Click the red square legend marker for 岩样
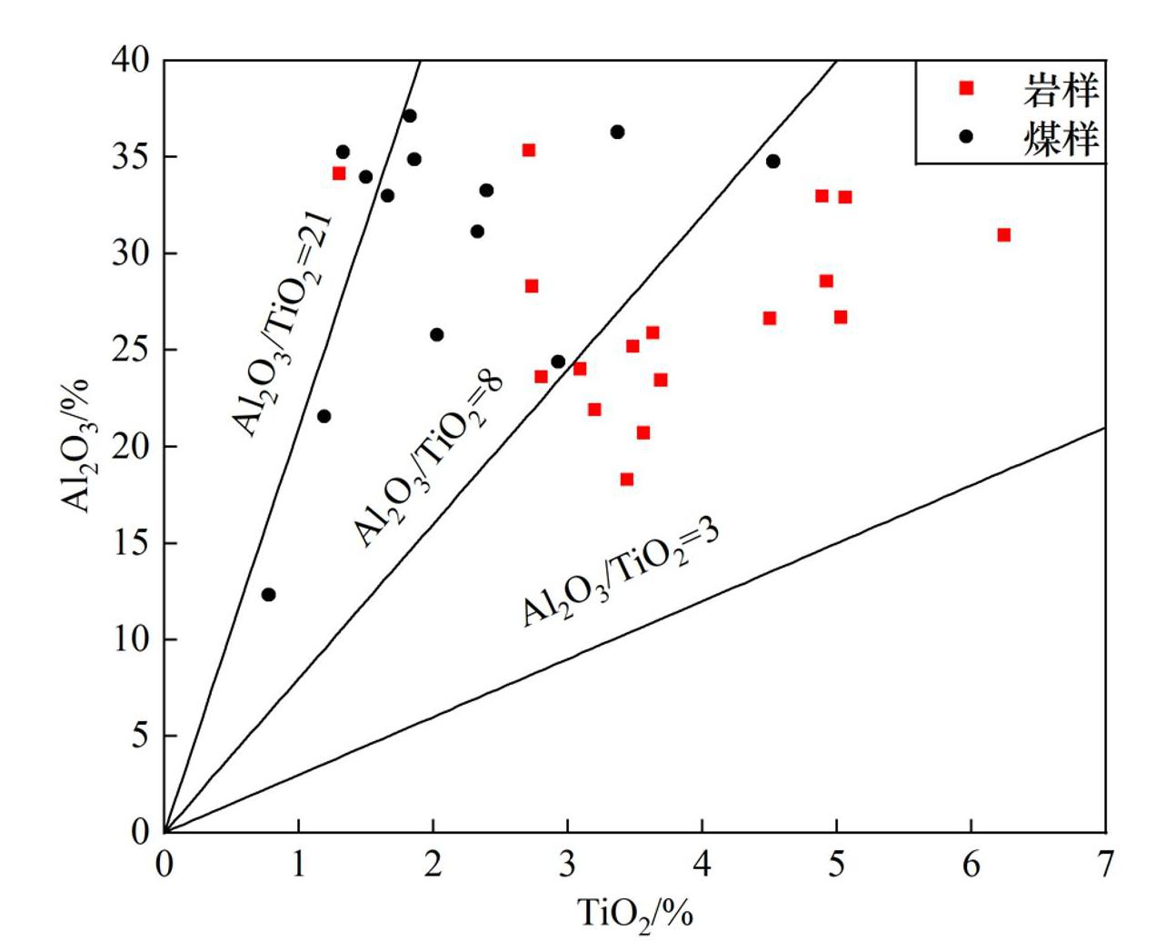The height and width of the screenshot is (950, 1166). (966, 88)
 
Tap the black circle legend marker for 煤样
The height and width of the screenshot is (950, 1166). (966, 136)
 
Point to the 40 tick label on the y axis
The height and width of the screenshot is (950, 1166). (131, 61)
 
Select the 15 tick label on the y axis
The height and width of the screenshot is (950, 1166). (131, 543)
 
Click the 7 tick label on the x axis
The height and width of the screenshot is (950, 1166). (1105, 864)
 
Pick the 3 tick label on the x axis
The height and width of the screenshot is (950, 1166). (567, 864)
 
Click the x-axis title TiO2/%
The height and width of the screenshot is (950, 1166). (635, 912)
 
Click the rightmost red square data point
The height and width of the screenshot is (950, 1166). (1003, 235)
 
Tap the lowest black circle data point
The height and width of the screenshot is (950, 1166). (268, 595)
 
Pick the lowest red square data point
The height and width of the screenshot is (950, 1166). (626, 480)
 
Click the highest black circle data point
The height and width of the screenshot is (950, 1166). (410, 115)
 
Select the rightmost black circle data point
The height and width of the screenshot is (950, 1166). (772, 162)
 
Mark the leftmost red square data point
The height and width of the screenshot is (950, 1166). (339, 173)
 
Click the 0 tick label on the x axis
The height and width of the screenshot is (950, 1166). (164, 864)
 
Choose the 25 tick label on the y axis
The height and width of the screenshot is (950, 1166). (131, 350)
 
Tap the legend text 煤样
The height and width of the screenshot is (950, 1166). (1061, 137)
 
